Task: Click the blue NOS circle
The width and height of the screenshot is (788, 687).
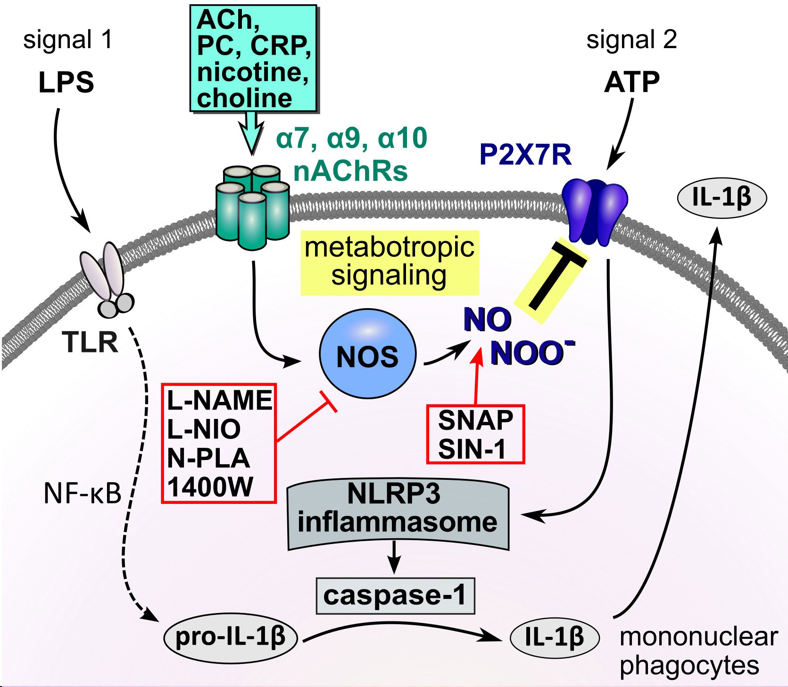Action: coord(367,354)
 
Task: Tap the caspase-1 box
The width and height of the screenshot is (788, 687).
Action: coord(395,595)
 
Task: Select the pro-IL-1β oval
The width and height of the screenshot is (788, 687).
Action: coord(230,637)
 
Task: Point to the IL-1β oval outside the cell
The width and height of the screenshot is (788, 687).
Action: coord(722,197)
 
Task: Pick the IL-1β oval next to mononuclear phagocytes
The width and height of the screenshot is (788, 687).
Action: coord(555,637)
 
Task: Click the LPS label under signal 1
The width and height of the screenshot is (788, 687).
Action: coord(66,83)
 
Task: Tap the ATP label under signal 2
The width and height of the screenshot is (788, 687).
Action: coord(631,83)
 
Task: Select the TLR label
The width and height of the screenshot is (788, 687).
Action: coord(90,342)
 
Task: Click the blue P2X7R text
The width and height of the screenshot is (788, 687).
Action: coord(525,155)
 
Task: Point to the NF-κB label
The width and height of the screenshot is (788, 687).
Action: coord(83,494)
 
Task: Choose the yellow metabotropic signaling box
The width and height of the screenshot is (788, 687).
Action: coord(390,262)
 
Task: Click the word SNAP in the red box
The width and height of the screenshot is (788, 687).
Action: coord(475,420)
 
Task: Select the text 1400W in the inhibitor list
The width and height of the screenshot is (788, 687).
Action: coord(210,487)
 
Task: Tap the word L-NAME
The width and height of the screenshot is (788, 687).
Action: coord(219,401)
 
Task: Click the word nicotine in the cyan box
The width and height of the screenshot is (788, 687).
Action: coord(252,72)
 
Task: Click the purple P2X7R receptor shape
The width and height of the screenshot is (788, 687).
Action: coord(595,210)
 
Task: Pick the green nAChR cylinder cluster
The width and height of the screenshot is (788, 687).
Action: coord(252,205)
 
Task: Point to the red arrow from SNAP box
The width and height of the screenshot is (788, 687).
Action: coord(477,377)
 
